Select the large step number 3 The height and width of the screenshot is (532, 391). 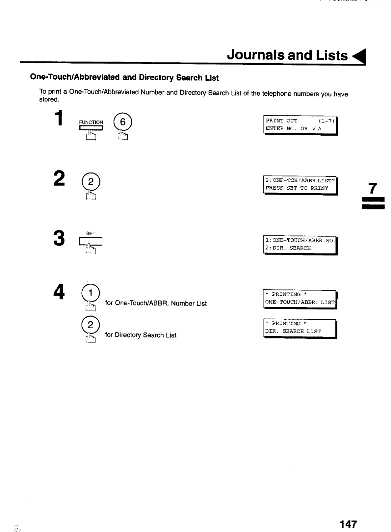click(x=59, y=238)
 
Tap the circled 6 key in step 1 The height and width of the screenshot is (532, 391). click(x=122, y=122)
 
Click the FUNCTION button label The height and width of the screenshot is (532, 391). click(x=91, y=122)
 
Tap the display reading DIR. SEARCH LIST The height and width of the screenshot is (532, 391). click(x=300, y=328)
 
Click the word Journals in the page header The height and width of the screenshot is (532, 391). click(x=255, y=55)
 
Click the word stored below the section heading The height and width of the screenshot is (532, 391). click(x=49, y=99)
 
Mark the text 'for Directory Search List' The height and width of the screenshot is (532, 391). click(x=141, y=335)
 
